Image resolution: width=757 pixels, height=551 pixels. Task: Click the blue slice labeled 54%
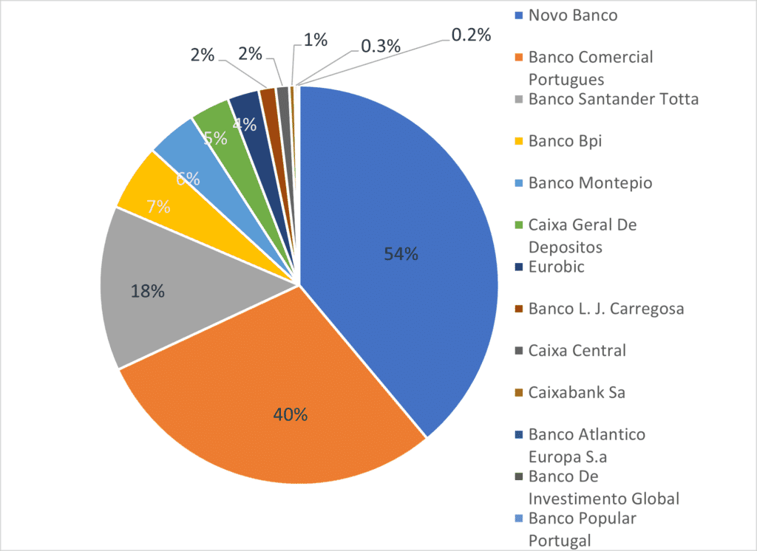point(399,255)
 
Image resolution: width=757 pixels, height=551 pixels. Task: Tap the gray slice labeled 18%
point(148,292)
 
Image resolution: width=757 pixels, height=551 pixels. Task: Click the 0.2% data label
point(470,35)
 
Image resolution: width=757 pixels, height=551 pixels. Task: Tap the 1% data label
point(316,41)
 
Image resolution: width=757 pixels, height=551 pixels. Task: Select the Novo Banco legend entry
point(572,15)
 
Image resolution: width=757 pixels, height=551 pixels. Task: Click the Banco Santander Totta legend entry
point(613,98)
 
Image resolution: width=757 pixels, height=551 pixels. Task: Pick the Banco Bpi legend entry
point(565,140)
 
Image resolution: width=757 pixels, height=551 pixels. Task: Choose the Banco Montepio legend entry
point(590,182)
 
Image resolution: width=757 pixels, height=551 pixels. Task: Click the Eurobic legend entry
point(556,267)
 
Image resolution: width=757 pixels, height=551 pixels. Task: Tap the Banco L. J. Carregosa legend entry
point(605,309)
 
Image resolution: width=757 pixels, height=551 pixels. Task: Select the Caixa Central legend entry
point(577,350)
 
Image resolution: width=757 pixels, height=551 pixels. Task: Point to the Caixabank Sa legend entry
point(577,392)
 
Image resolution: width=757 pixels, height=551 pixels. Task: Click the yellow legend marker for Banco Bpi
point(519,141)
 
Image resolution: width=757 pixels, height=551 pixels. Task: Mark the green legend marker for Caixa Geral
point(519,225)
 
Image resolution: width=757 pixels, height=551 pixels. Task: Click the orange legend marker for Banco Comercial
point(519,58)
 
